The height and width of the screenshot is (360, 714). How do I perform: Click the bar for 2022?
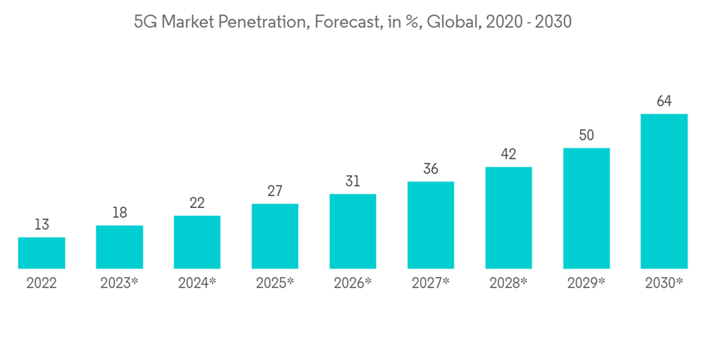[x=41, y=253]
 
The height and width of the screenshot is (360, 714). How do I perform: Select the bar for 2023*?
[x=119, y=247]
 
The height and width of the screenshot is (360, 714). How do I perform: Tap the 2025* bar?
[x=275, y=236]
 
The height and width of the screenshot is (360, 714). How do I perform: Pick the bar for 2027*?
[x=431, y=225]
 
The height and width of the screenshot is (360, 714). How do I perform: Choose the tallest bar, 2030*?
[x=664, y=191]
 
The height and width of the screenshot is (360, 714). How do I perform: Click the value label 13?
[x=41, y=225]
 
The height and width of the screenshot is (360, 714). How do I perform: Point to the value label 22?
[x=197, y=204]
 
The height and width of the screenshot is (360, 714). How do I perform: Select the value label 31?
[x=353, y=181]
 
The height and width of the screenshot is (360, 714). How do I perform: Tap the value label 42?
[x=508, y=154]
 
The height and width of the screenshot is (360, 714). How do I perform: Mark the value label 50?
[x=586, y=136]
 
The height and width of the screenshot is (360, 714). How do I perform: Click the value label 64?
[x=664, y=101]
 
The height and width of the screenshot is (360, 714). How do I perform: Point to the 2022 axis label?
[x=41, y=284]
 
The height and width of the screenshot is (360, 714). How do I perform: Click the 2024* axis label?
[x=197, y=284]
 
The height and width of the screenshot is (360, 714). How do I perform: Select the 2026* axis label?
[x=353, y=284]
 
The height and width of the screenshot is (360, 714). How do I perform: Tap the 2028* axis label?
[x=508, y=284]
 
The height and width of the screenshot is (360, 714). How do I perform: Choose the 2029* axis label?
[x=586, y=284]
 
